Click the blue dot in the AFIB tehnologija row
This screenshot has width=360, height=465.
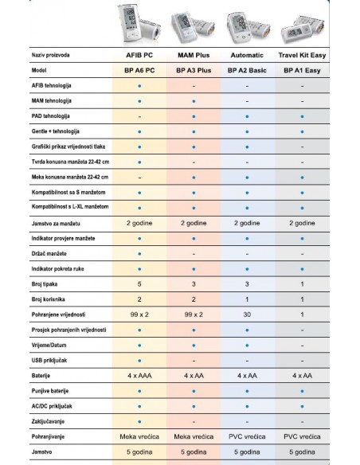click(140, 86)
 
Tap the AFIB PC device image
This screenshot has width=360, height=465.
click(140, 21)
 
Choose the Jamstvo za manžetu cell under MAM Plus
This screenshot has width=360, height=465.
click(194, 224)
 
